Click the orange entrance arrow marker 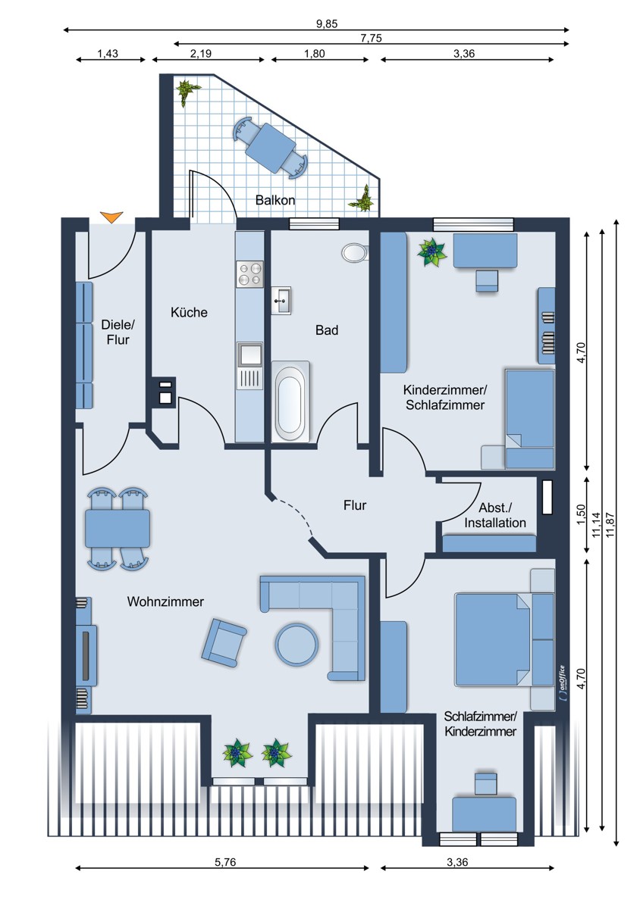coord(111,218)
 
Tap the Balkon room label coord(274,201)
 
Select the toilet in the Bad coord(354,252)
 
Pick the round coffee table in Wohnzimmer coord(296,644)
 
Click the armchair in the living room coord(224,641)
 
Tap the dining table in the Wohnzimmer coord(117,528)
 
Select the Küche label coord(189,312)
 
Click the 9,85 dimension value coord(327,23)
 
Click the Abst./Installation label coord(495,515)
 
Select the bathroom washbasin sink coord(281,300)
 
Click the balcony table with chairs coord(271,144)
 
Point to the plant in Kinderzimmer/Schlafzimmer coord(432,251)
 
